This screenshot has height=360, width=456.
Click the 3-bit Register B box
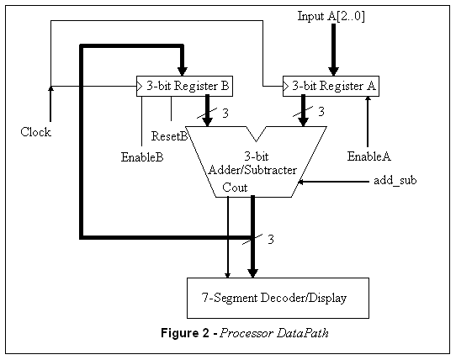coord(184,86)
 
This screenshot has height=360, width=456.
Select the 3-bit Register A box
coord(331,86)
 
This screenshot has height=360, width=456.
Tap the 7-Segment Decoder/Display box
coord(278,298)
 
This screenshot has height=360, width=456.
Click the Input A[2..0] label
coord(331,16)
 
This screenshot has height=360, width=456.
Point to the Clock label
coord(36,132)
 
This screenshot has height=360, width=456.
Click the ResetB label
coord(169,136)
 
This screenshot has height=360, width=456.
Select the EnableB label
coord(142,157)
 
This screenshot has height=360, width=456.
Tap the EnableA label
coord(369,156)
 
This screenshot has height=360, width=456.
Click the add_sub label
coord(395,181)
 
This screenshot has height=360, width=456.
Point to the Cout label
coord(235,188)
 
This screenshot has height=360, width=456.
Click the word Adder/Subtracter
coord(252,170)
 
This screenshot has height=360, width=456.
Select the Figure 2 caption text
coord(245,333)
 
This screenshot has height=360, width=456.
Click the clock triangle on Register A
coord(285,86)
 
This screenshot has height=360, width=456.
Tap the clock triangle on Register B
coord(140,86)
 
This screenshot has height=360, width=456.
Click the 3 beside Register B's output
coord(225,113)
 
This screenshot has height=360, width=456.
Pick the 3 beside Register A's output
coord(321,111)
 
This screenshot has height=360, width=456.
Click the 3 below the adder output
coord(271,240)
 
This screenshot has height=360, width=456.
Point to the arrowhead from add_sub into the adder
coord(301,182)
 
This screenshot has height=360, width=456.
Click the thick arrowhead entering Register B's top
coord(183,71)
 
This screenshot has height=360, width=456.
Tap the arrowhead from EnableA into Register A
coord(368,99)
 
